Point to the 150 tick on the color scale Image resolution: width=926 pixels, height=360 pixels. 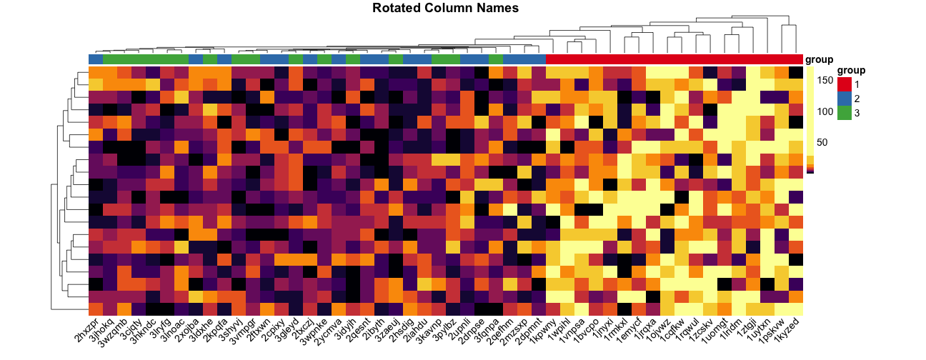click(827, 81)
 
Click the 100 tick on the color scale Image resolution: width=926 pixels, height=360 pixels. click(827, 111)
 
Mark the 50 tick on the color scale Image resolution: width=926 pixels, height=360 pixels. click(827, 143)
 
